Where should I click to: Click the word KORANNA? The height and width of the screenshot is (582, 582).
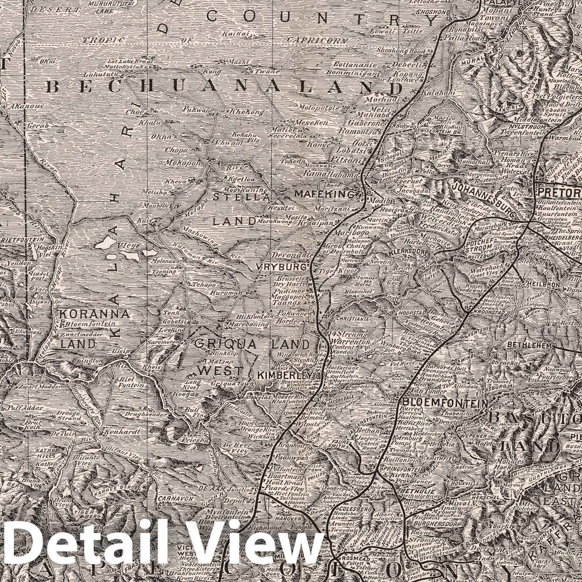(95, 314)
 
